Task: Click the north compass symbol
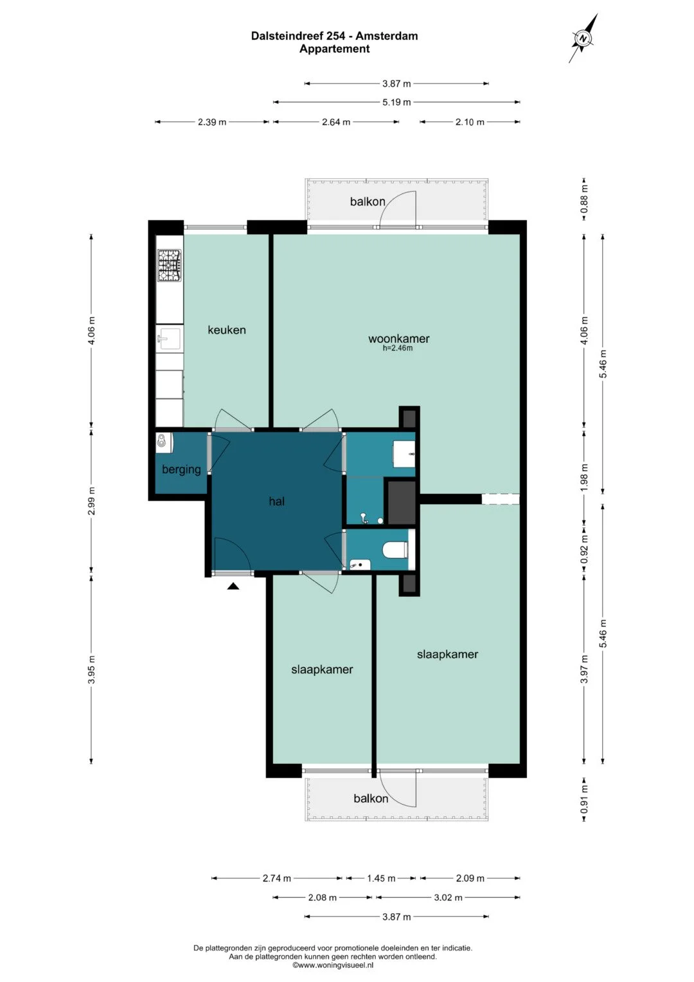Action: pos(583,38)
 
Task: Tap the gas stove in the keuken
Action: pos(170,265)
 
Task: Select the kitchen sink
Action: pos(170,338)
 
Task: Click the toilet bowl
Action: pos(395,549)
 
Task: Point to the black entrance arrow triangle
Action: pos(233,586)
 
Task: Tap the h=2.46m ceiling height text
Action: pos(397,349)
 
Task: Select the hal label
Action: pos(276,501)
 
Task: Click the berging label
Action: pos(181,469)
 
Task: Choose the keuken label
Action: pos(226,330)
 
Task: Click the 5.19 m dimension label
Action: pos(396,103)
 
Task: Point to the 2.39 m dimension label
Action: pos(212,122)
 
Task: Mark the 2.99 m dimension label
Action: pos(91,500)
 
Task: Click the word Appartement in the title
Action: pos(334,49)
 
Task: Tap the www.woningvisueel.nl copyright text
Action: pos(333,965)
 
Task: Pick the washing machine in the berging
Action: pos(165,443)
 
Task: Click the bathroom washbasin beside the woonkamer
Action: pos(404,454)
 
